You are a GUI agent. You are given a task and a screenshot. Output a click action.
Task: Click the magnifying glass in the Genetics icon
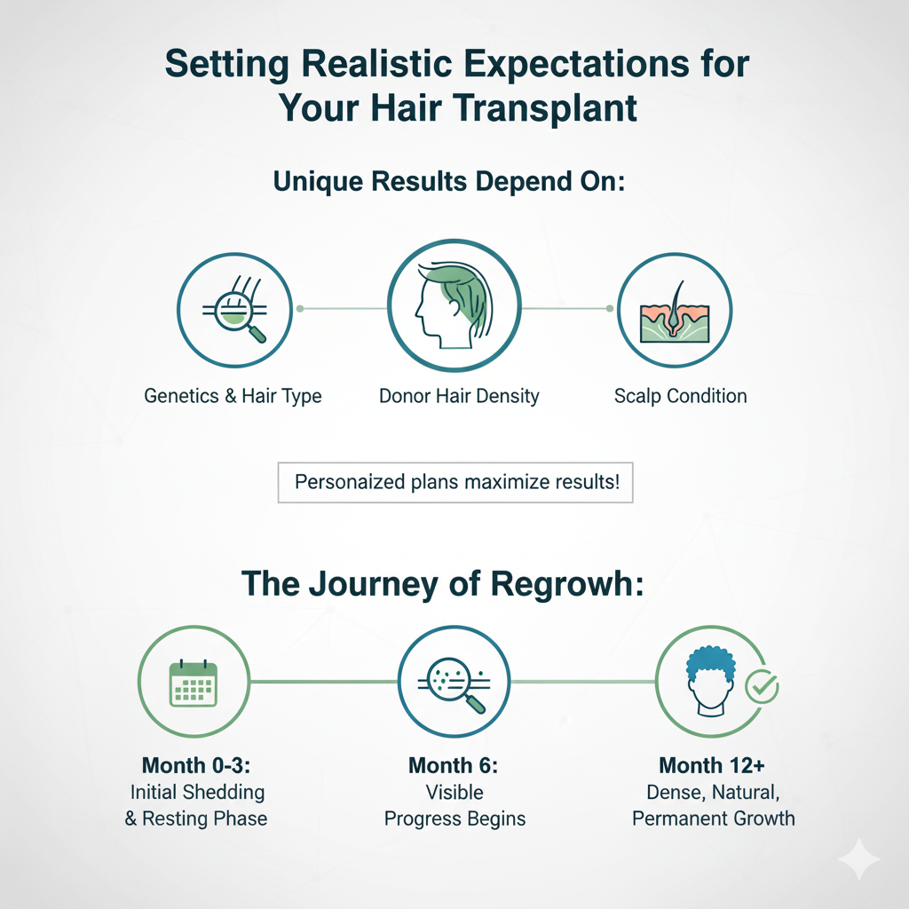[x=256, y=332]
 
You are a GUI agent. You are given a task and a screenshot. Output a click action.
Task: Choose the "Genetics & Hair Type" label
[x=233, y=396]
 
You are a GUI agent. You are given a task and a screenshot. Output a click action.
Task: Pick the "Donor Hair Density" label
[x=459, y=396]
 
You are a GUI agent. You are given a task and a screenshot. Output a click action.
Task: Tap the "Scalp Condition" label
[x=680, y=396]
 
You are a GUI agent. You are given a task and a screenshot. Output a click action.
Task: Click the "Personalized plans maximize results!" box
[x=455, y=484]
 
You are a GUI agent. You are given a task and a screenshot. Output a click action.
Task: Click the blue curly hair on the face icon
[x=711, y=667]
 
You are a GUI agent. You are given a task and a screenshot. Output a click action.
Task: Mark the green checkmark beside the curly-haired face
[x=761, y=685]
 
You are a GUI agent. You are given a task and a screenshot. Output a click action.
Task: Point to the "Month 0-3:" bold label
[x=197, y=765]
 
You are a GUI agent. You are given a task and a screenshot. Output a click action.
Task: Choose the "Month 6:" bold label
[x=454, y=765]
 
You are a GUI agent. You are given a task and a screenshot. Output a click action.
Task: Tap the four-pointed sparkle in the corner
[x=858, y=860]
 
